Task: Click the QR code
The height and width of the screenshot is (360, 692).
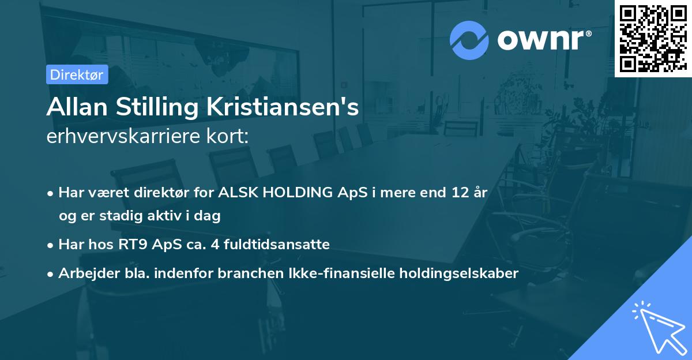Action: [x=653, y=38]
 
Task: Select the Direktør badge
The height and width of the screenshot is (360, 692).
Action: [x=77, y=74]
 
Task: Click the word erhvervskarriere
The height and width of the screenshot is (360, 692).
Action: [x=119, y=136]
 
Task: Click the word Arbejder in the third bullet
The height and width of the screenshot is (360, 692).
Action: [x=84, y=273]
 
